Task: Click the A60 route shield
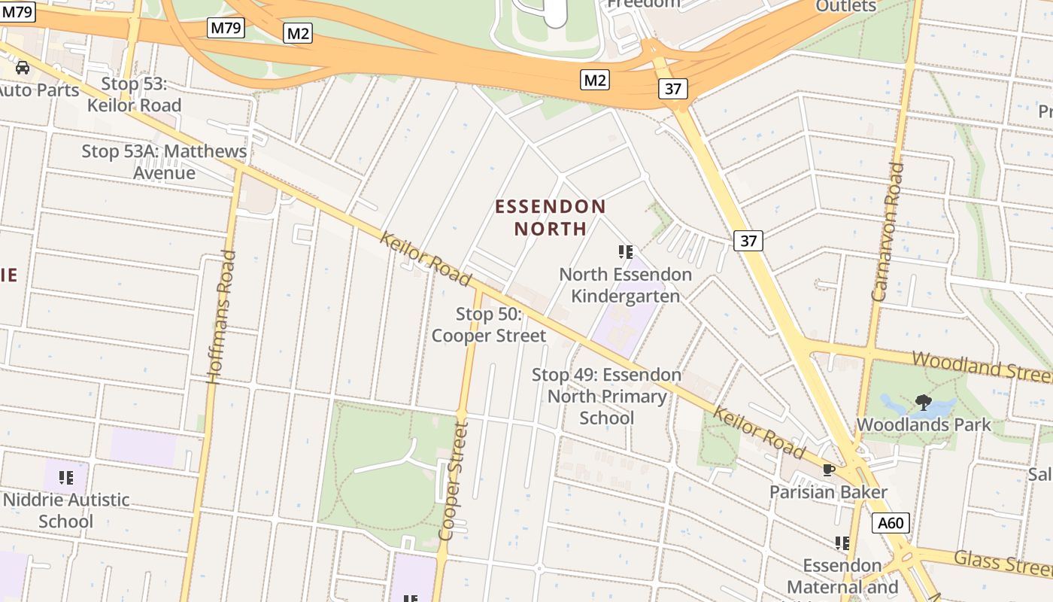891,523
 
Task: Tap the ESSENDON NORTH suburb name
551,217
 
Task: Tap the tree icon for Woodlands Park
923,403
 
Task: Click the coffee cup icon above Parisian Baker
829,470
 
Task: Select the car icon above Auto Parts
23,68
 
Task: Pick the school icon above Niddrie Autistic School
66,477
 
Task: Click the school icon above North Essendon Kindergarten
625,251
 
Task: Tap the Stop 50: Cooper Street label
489,324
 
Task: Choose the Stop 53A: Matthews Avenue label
164,162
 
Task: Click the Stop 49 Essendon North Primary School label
606,396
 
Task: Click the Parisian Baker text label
828,492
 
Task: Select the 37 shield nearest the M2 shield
672,89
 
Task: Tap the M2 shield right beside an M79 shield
298,33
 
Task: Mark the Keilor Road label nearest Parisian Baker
759,433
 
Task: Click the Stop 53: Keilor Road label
134,94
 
